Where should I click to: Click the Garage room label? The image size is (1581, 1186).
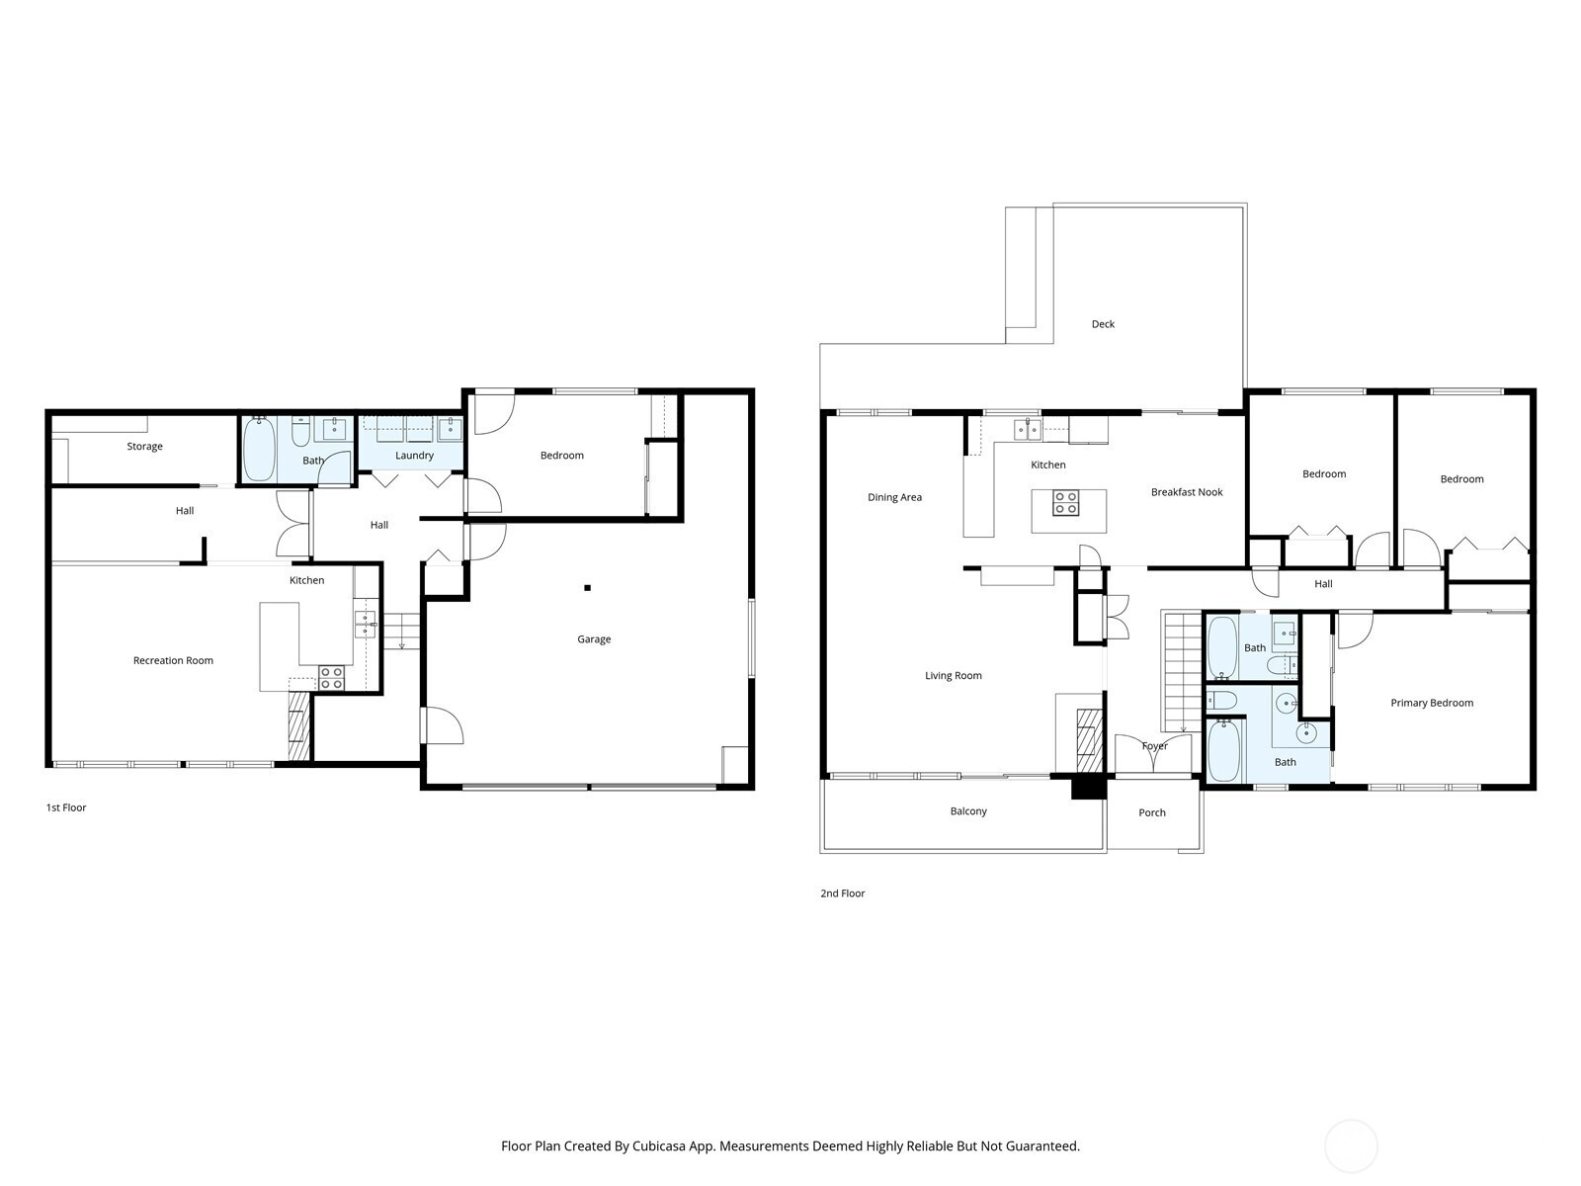point(594,639)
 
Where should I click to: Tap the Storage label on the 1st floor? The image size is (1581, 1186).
point(145,447)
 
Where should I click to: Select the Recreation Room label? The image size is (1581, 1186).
point(173,660)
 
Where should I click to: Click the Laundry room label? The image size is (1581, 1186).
point(414,456)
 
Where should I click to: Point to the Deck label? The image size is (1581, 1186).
point(1103,324)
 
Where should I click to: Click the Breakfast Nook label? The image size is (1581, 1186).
point(1187,492)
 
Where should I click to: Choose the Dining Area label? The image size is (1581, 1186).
point(894,497)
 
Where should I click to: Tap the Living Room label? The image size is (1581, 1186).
point(953,675)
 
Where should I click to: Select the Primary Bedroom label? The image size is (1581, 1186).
point(1431,703)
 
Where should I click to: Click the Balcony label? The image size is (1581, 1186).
point(968,811)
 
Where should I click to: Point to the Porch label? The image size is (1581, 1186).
point(1152,813)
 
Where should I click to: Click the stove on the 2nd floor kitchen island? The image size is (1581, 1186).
point(1065,503)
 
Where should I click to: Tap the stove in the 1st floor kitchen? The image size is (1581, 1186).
point(331,678)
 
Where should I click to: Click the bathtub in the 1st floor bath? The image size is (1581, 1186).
point(259,450)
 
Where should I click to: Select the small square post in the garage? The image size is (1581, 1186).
point(587,588)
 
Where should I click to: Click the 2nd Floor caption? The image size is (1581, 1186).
point(842,893)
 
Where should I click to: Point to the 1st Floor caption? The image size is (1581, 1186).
point(65,807)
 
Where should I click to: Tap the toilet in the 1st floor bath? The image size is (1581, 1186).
point(300,431)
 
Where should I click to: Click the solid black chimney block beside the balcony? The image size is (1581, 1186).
point(1088,787)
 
